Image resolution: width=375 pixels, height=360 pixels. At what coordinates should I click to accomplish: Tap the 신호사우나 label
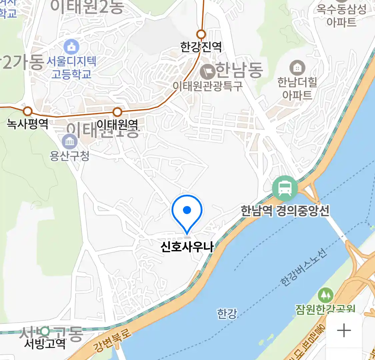187,247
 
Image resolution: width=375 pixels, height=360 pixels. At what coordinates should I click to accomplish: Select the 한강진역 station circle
201,34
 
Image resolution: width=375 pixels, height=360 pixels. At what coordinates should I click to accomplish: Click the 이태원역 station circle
117,112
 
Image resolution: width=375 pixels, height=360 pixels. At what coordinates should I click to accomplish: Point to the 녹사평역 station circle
28,111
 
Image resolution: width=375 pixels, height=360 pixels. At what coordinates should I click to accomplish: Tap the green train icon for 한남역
285,188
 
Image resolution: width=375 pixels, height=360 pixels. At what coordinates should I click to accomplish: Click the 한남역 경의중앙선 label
285,211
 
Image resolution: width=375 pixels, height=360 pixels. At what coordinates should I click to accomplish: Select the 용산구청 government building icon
70,142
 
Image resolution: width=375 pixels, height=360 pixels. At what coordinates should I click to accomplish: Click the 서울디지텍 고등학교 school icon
71,47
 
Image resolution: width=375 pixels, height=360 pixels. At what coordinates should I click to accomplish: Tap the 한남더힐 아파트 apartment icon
297,68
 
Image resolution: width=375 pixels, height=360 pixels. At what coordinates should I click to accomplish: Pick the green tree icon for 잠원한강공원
325,295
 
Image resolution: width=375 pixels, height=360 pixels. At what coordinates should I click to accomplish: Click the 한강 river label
227,314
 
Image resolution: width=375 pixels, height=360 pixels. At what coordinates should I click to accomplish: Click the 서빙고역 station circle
45,332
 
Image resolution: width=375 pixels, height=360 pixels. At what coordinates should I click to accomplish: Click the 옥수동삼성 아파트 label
341,16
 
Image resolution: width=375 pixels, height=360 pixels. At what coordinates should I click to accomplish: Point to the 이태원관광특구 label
207,86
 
